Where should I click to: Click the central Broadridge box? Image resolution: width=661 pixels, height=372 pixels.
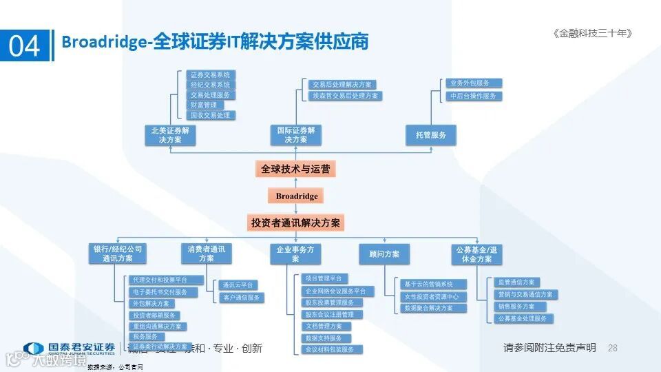(x=296, y=196)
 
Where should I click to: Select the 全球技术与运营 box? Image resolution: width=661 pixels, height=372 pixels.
(x=295, y=169)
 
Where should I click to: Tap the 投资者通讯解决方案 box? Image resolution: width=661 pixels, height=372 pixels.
(x=295, y=223)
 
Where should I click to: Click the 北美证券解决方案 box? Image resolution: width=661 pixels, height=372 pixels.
(x=171, y=135)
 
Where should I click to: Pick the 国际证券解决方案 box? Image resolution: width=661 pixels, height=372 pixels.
(x=295, y=135)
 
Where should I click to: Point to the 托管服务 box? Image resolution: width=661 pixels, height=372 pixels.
(x=431, y=135)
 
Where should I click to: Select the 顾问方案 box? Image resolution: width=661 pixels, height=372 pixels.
(x=384, y=254)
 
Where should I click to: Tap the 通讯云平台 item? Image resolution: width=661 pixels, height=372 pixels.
(x=238, y=285)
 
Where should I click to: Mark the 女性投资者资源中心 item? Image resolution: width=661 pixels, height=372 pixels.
(x=434, y=296)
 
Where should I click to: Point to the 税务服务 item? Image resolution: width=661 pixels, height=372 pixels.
(x=146, y=336)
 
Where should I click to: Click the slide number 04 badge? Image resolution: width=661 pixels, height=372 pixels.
(x=25, y=45)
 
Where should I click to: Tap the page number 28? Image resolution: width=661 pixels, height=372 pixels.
(x=613, y=349)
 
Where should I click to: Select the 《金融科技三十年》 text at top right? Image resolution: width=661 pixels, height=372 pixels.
(x=591, y=33)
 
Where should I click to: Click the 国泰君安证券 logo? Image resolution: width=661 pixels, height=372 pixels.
(x=69, y=349)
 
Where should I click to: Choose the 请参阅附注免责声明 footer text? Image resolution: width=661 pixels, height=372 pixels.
(x=549, y=349)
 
